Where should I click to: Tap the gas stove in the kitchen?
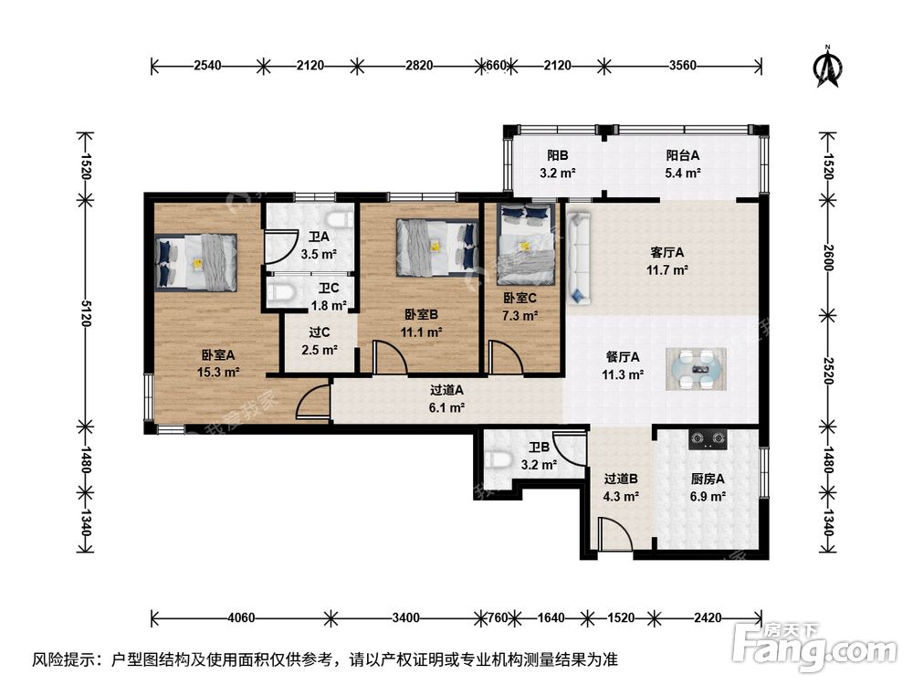(x=708, y=440)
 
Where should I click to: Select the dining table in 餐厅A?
(x=696, y=369)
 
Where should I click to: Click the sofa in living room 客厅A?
(x=579, y=258)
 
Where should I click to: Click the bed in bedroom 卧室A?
(x=195, y=262)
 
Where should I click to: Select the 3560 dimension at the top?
(x=682, y=65)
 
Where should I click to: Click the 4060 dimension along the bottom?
(x=240, y=617)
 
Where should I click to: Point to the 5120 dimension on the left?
(x=86, y=313)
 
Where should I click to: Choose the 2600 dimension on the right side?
(x=829, y=258)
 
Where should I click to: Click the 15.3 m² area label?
(x=218, y=373)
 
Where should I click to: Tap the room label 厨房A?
(x=708, y=479)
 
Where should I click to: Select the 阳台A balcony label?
(x=682, y=155)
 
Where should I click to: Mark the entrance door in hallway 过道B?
(x=614, y=534)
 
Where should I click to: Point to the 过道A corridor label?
(x=446, y=390)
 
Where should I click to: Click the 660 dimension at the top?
(x=496, y=65)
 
